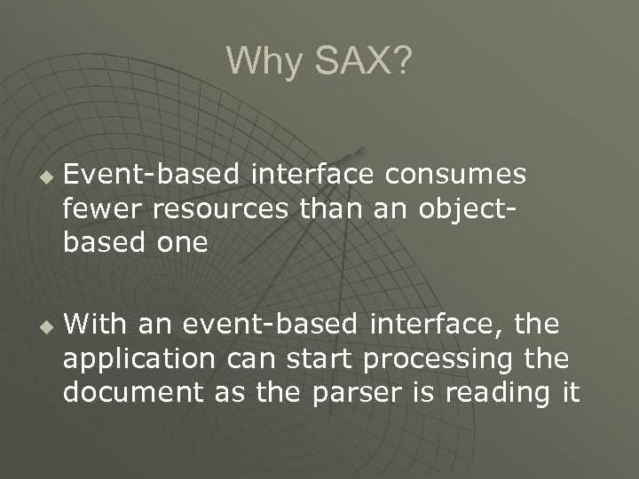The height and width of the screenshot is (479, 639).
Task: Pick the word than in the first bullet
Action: pyautogui.click(x=332, y=209)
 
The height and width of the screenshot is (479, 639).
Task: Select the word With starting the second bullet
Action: pyautogui.click(x=99, y=325)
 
